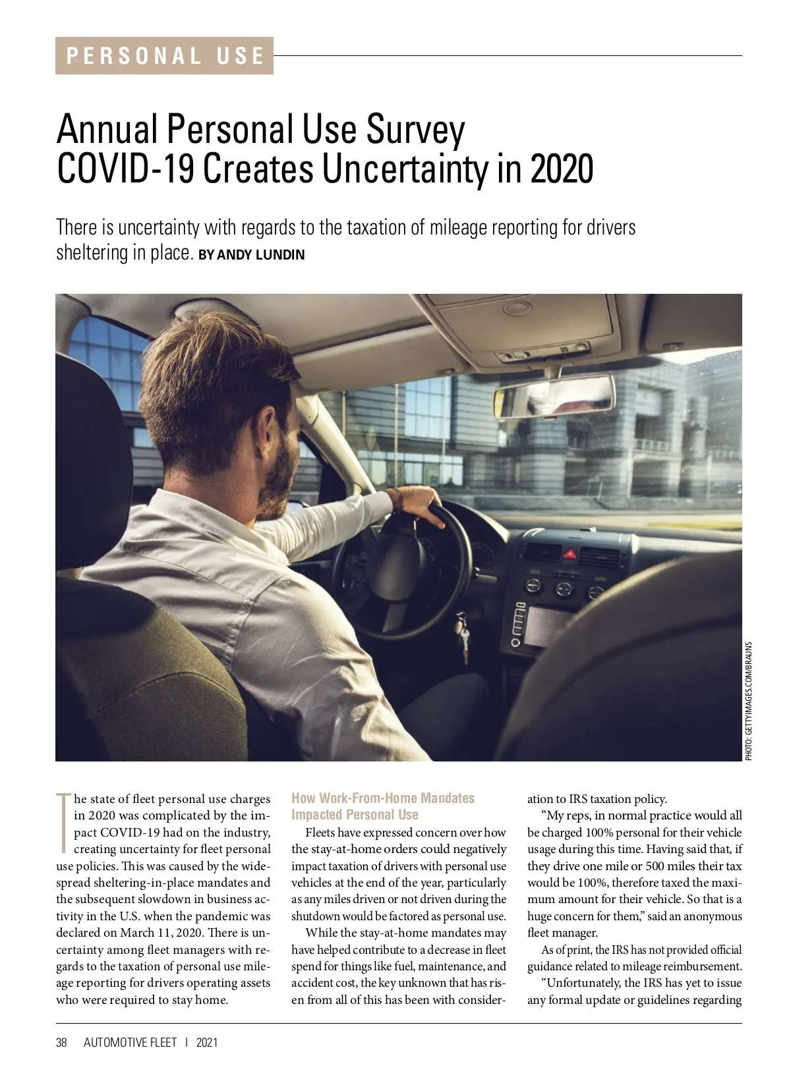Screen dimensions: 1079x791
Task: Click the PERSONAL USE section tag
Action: [164, 55]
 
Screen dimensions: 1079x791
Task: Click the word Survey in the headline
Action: [416, 129]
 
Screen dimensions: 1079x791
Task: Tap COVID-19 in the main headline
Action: [125, 169]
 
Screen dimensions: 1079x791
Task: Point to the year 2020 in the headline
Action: [562, 169]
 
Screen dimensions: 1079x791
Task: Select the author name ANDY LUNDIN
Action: [260, 255]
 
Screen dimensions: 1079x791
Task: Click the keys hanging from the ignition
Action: [463, 636]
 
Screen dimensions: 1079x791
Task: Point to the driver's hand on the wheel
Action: [419, 503]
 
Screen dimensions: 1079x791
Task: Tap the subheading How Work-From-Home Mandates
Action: [383, 798]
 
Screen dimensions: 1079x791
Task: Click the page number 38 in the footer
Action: [62, 1042]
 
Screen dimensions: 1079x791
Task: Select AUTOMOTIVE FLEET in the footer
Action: [131, 1042]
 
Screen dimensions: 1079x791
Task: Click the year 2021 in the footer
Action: [207, 1042]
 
